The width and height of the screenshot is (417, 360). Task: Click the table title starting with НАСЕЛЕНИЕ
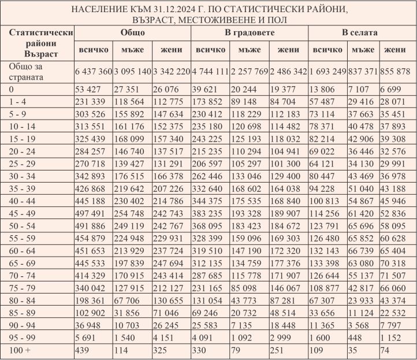(x=208, y=15)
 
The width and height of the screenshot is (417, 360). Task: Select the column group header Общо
(x=133, y=33)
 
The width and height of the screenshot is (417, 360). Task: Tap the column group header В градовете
(x=250, y=33)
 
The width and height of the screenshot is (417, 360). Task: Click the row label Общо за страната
(x=26, y=71)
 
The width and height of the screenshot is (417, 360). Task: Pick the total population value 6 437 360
(x=93, y=71)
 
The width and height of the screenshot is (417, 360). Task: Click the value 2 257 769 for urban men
(x=250, y=71)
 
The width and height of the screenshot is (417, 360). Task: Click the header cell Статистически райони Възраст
(x=38, y=43)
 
